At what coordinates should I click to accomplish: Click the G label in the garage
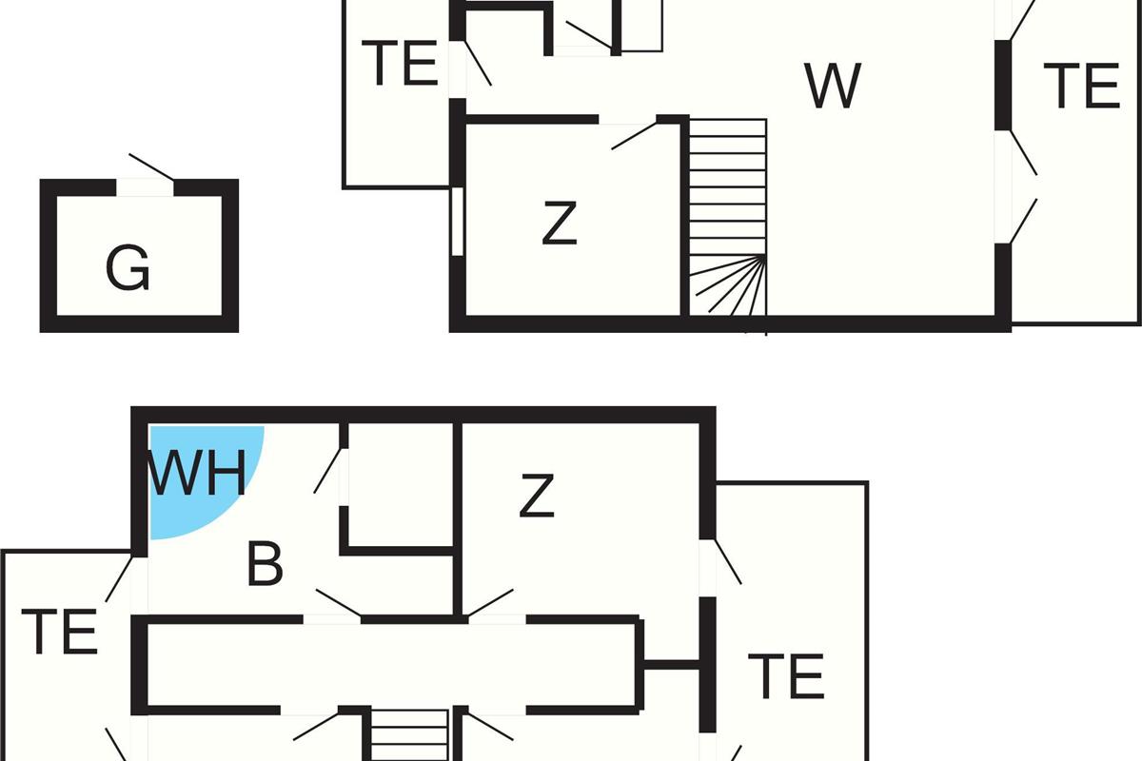(x=128, y=267)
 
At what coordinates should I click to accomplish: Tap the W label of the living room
(x=833, y=86)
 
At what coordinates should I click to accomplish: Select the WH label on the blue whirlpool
(x=197, y=473)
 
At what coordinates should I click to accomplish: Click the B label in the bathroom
(x=265, y=564)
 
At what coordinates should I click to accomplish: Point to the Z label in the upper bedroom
(x=560, y=223)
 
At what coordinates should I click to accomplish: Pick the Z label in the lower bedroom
(x=537, y=496)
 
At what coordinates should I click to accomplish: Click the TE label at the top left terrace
(x=400, y=63)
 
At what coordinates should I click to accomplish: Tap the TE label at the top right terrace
(x=1081, y=86)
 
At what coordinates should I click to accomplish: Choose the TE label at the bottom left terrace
(x=59, y=632)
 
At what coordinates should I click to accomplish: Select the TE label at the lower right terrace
(x=786, y=676)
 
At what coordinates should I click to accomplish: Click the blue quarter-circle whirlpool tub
(x=204, y=479)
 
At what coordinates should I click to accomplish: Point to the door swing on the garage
(x=151, y=166)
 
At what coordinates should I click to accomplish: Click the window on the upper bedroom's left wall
(x=458, y=222)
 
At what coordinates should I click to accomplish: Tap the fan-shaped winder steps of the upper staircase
(x=729, y=285)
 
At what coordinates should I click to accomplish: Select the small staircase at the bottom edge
(x=409, y=735)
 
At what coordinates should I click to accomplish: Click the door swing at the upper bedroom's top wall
(x=634, y=136)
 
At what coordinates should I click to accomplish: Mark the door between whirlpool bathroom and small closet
(x=327, y=471)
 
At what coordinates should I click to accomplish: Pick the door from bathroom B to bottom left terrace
(x=119, y=579)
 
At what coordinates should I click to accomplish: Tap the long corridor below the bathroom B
(x=391, y=665)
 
